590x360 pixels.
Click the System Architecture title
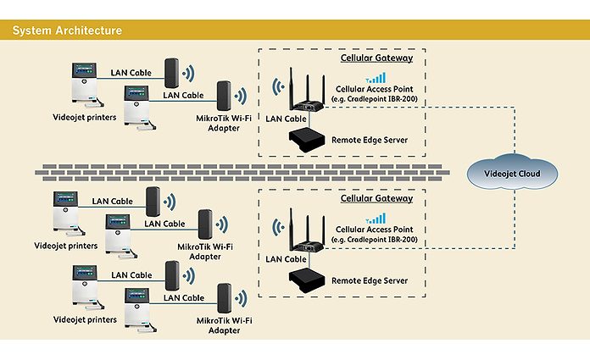point(67,30)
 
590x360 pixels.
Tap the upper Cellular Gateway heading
point(376,58)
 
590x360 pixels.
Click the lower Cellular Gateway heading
point(376,198)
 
